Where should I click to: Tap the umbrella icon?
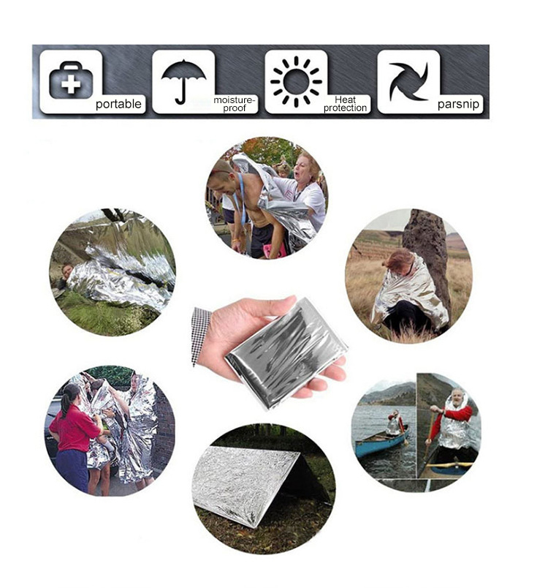(183, 79)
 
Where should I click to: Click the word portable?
(118, 105)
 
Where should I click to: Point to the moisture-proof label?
(235, 104)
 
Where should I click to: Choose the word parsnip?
(459, 105)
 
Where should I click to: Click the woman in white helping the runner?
(307, 186)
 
